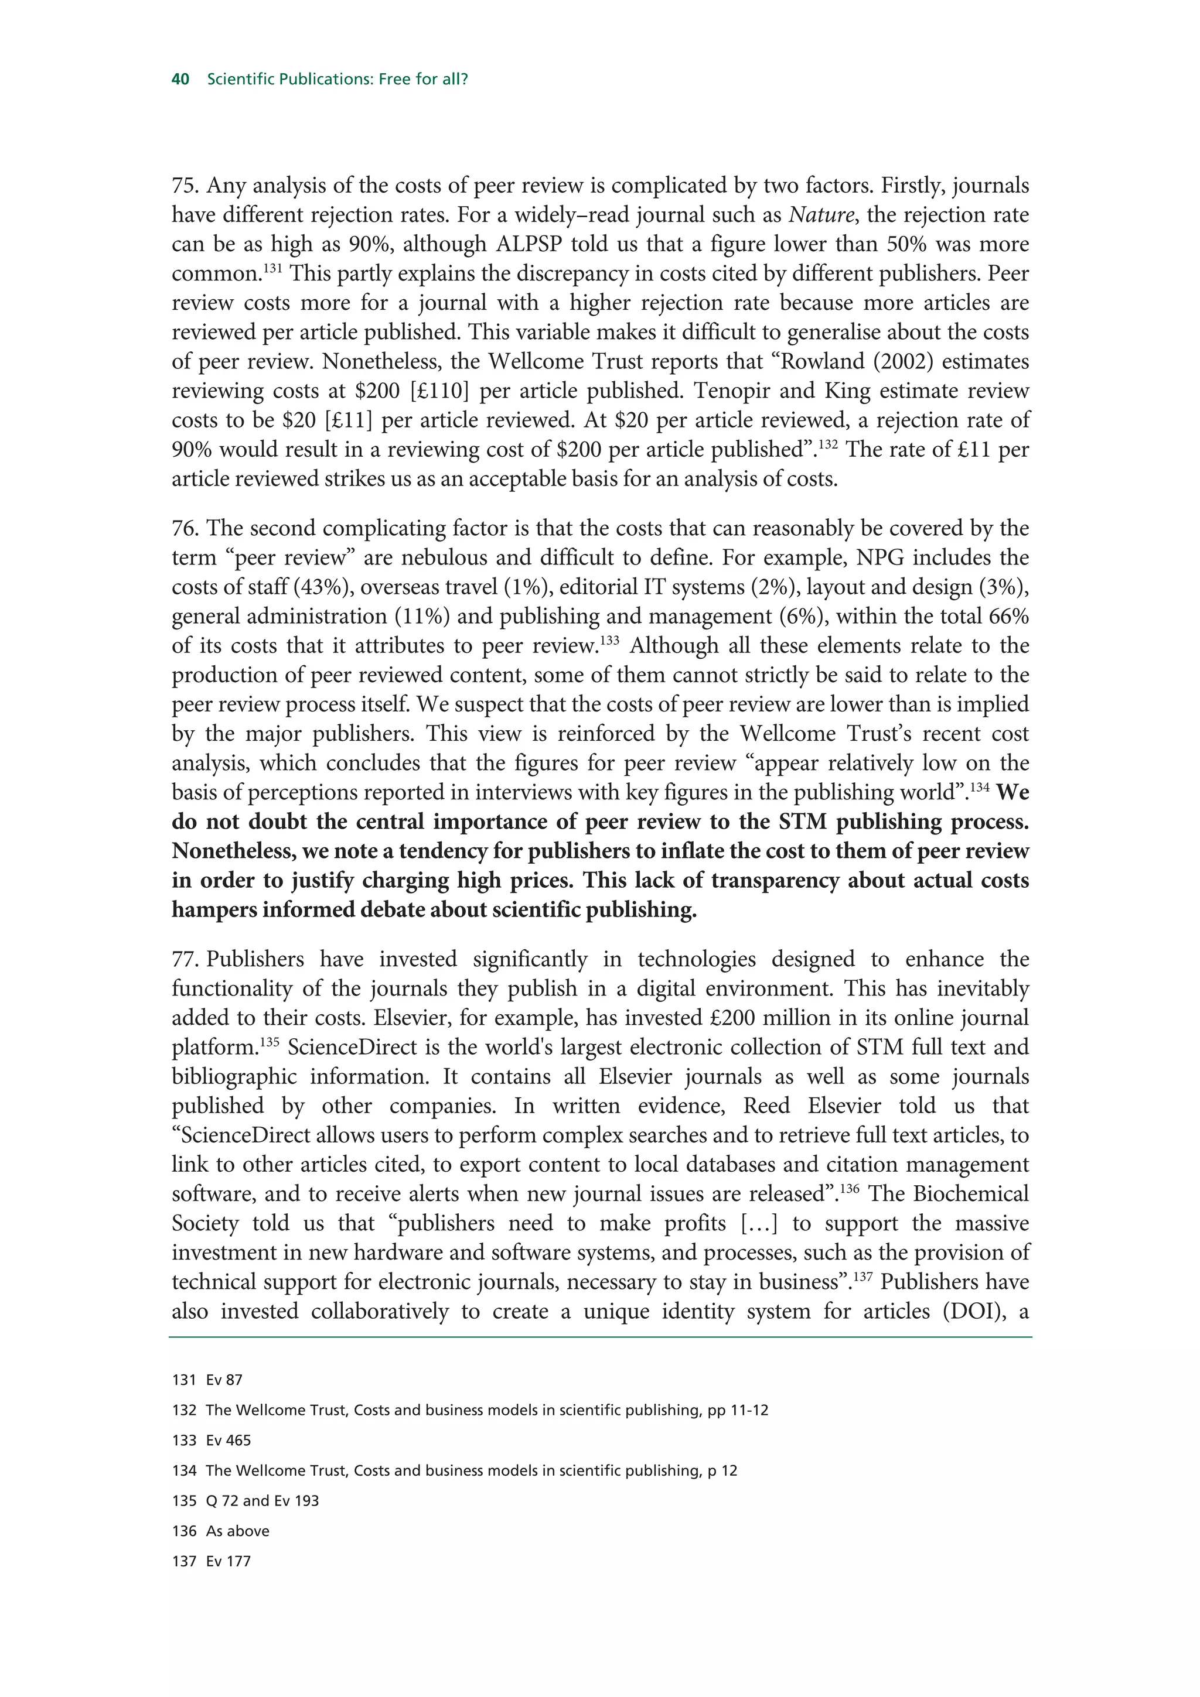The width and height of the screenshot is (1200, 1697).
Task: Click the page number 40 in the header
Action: point(180,79)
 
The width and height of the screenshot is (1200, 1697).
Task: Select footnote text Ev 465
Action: point(229,1441)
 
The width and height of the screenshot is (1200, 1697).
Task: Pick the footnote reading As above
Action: point(237,1531)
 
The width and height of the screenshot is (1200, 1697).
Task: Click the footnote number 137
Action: point(183,1562)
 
